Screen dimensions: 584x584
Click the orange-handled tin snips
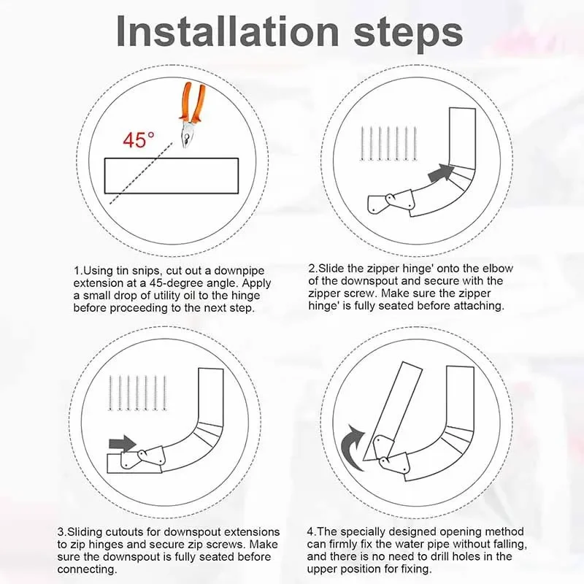click(x=190, y=117)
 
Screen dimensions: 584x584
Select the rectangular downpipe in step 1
click(x=172, y=174)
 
